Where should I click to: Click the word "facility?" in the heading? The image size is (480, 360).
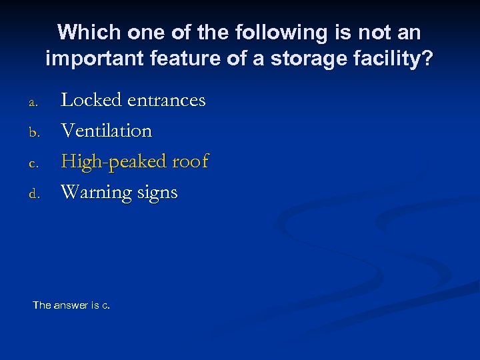(395, 59)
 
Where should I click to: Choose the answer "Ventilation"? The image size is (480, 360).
(107, 131)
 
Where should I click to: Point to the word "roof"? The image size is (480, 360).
(191, 161)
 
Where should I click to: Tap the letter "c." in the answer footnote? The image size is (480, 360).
(105, 305)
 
